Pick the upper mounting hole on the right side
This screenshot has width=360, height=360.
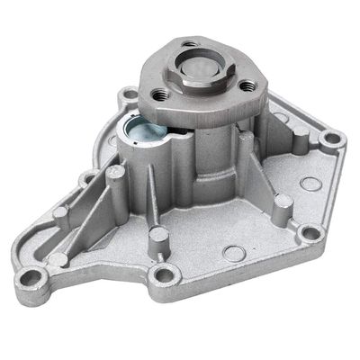pyautogui.click(x=332, y=139)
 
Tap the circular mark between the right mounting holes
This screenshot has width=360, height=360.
pyautogui.click(x=311, y=184)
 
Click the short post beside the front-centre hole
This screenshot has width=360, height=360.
pyautogui.click(x=158, y=238)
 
